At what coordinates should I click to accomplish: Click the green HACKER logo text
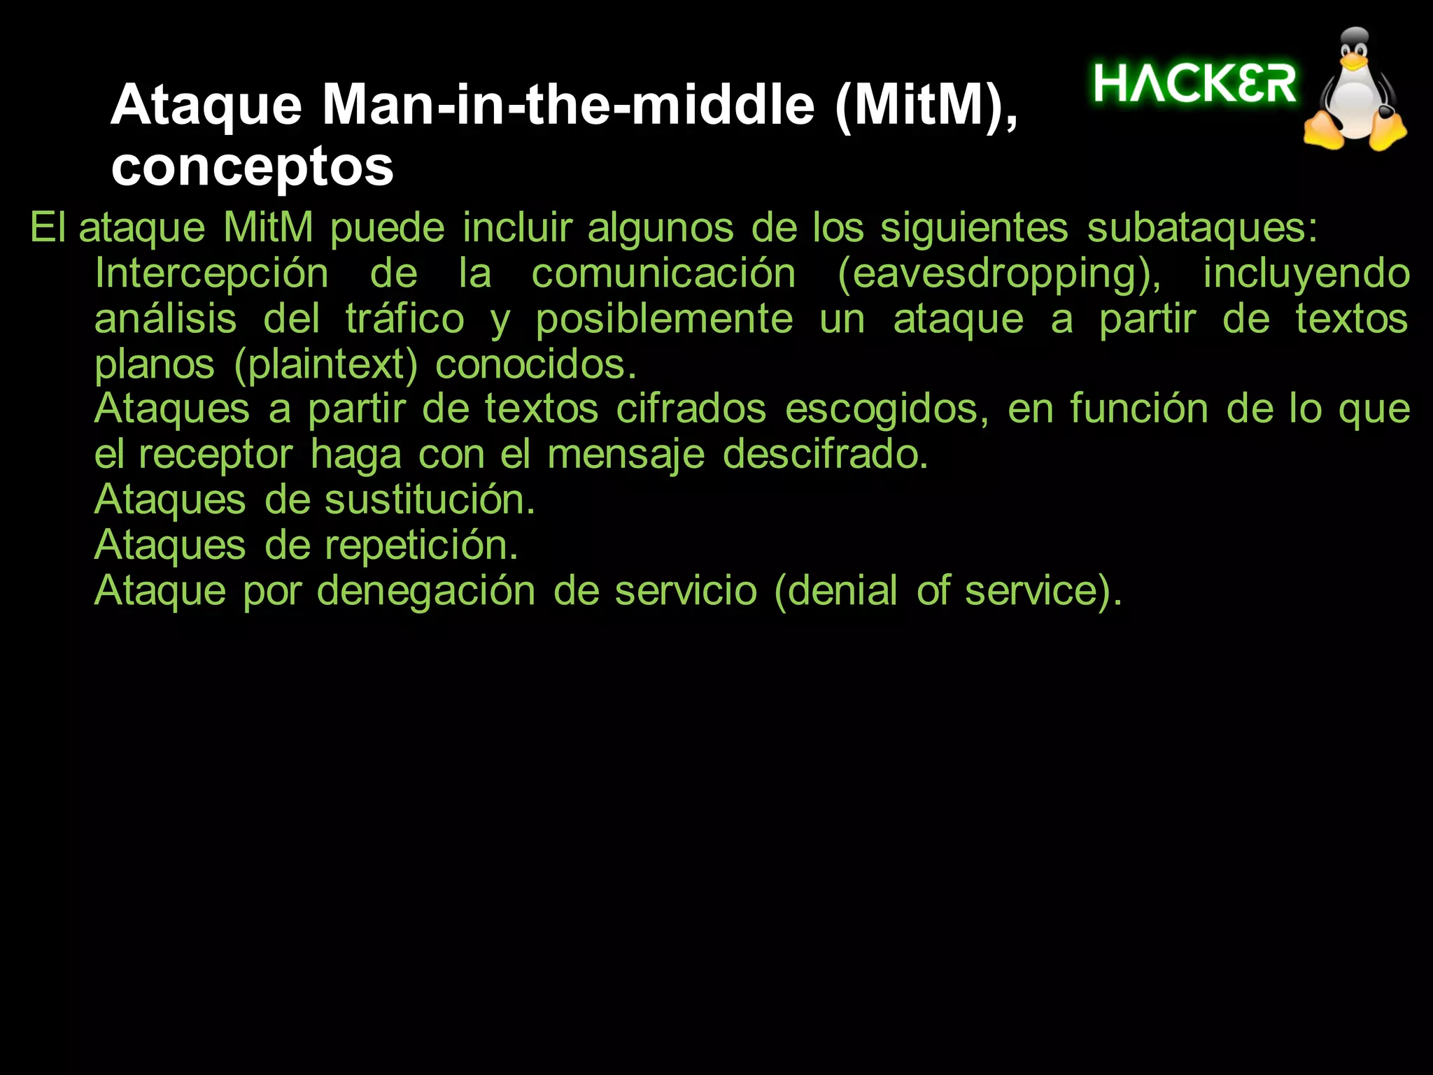tap(1195, 84)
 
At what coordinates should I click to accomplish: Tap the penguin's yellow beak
tap(1355, 62)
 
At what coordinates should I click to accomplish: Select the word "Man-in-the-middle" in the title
tap(568, 105)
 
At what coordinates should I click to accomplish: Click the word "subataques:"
tap(1202, 227)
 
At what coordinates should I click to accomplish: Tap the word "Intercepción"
tap(211, 273)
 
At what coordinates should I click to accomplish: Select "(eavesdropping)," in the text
tap(999, 274)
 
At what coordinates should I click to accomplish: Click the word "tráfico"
tap(405, 319)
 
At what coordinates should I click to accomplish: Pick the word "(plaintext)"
tap(326, 365)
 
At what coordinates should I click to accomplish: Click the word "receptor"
tap(216, 455)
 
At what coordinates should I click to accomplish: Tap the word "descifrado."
tap(825, 455)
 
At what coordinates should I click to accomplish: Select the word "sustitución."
tap(430, 500)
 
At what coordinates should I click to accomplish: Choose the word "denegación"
tap(426, 591)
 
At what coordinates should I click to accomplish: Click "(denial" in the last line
tap(835, 591)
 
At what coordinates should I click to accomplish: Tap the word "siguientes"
tap(974, 229)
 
